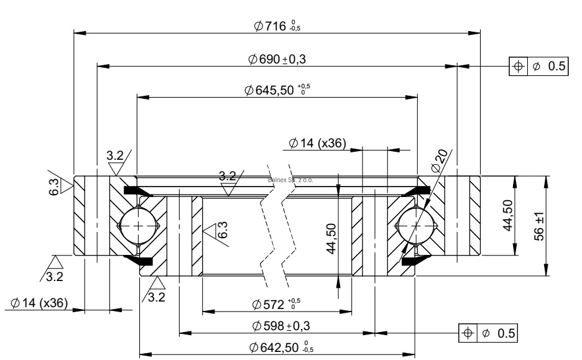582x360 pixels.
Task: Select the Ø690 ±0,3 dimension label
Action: point(277,59)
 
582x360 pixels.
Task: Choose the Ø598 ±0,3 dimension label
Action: point(280,326)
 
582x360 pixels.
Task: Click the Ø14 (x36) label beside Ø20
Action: point(318,144)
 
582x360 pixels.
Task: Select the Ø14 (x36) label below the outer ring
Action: point(39,303)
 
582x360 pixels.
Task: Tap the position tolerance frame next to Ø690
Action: point(538,67)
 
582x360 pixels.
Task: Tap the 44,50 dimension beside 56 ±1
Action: point(507,215)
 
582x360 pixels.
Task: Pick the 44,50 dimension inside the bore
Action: point(331,239)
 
